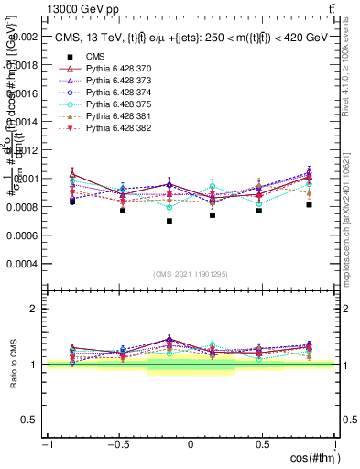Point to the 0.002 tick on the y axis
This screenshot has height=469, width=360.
[25, 38]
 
